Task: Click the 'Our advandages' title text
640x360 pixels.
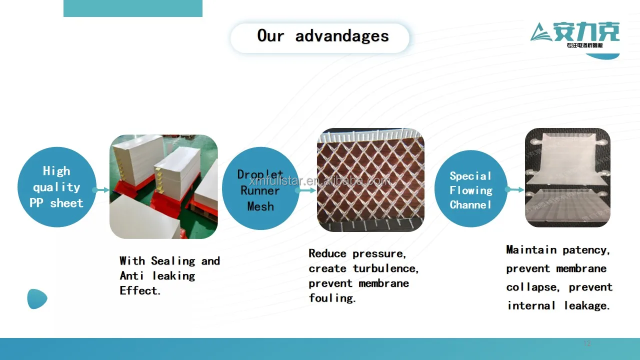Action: [322, 36]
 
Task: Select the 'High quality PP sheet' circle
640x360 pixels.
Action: [56, 187]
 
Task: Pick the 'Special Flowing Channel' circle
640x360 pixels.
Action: [470, 190]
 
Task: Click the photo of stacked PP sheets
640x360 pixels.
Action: [163, 186]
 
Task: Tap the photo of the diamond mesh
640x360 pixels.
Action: [370, 180]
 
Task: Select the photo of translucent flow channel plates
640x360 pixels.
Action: [567, 177]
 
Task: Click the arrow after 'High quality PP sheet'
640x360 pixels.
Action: [101, 190]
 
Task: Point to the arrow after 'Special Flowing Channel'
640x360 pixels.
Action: [515, 189]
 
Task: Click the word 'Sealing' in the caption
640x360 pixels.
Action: [173, 261]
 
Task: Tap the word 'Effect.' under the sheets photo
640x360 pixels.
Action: [140, 291]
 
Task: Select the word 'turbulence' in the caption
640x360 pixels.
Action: [385, 268]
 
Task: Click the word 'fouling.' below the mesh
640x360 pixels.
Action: [332, 298]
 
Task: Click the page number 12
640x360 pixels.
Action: [587, 343]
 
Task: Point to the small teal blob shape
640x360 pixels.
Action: [37, 299]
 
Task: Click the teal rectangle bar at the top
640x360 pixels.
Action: [133, 8]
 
